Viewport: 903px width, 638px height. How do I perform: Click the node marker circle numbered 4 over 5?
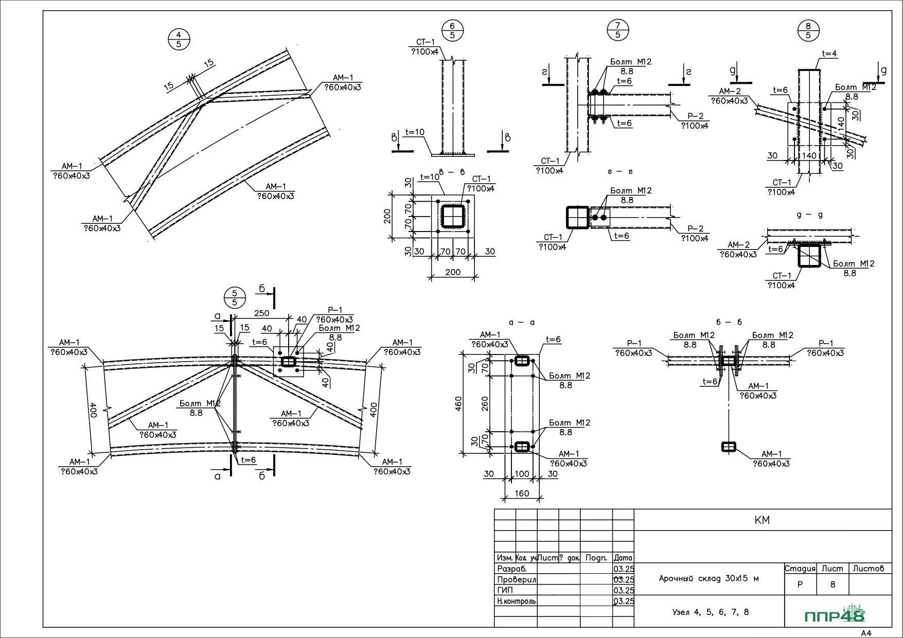[x=179, y=40]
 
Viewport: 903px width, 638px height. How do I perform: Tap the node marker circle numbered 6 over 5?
[x=452, y=30]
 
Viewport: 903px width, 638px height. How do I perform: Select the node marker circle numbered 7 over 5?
[x=618, y=30]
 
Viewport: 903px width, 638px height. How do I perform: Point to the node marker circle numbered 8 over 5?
[x=808, y=30]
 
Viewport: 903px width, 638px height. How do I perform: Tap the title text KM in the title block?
[x=762, y=520]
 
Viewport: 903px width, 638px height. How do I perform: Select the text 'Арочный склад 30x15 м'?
[x=709, y=578]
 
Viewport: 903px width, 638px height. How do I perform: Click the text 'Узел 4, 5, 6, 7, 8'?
[x=711, y=612]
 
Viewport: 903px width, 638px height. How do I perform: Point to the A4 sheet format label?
[x=866, y=633]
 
